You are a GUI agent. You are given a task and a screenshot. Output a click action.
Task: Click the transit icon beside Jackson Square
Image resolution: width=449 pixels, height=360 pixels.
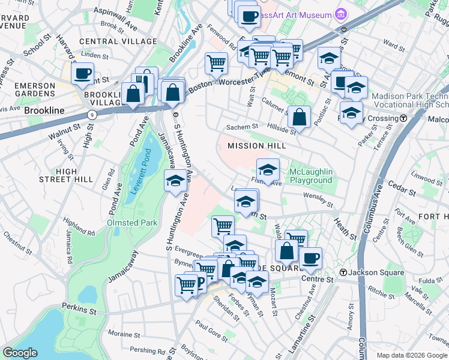343,273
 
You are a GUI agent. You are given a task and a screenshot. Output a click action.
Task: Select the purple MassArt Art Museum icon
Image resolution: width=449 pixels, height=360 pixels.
341,14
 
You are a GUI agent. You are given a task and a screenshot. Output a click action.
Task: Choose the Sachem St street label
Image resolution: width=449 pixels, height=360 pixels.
241,127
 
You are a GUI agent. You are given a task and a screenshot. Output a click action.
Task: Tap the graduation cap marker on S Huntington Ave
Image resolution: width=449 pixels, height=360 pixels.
175,181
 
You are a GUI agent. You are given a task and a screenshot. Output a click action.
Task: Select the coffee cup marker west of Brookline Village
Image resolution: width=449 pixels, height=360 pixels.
82,74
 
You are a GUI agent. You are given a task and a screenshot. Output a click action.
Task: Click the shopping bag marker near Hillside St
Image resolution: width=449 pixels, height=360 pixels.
300,118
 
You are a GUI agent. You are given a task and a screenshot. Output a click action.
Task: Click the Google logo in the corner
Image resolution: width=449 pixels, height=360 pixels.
20,353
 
